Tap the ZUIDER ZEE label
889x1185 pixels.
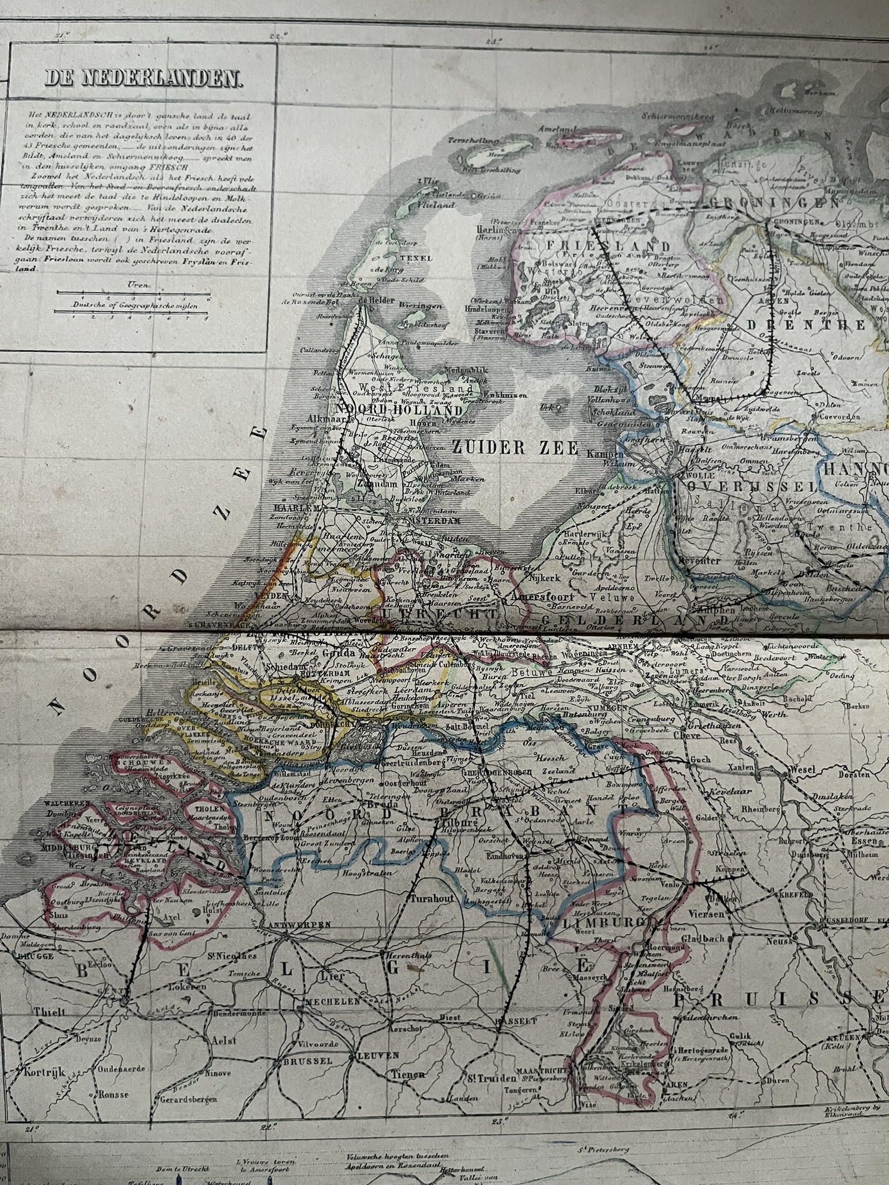(x=515, y=447)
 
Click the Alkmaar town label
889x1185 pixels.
(x=325, y=420)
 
